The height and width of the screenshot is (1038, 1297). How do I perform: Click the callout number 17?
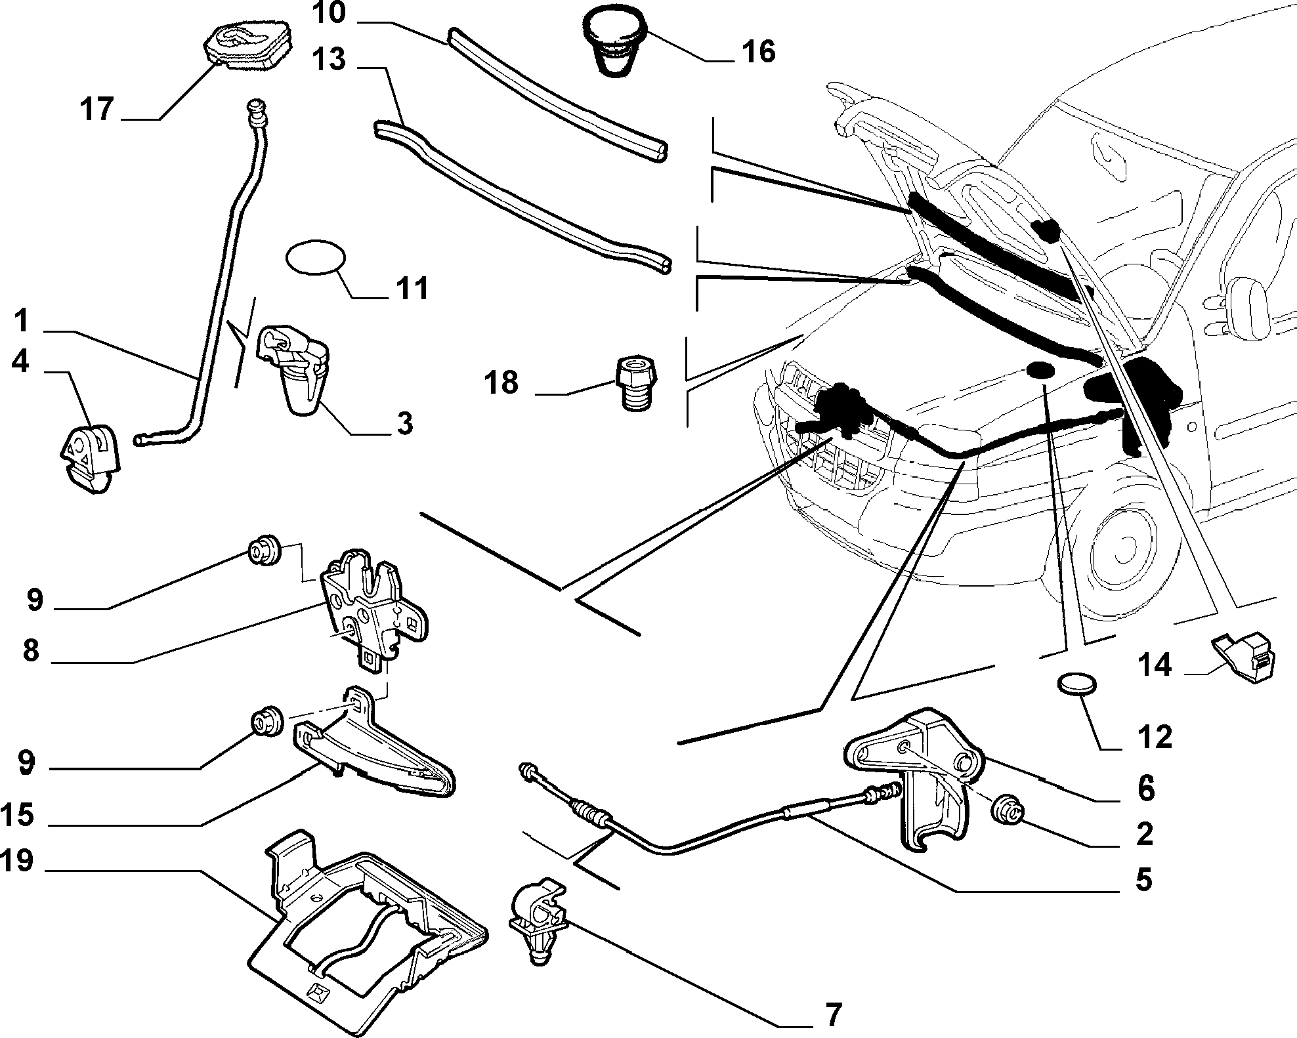97,108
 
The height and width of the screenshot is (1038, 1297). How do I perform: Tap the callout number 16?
758,51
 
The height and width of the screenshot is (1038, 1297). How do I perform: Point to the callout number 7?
832,1015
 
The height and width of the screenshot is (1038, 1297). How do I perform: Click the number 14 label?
1154,665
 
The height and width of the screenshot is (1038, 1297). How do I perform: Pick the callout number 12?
1155,737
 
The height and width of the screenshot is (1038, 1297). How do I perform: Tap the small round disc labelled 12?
1076,684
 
